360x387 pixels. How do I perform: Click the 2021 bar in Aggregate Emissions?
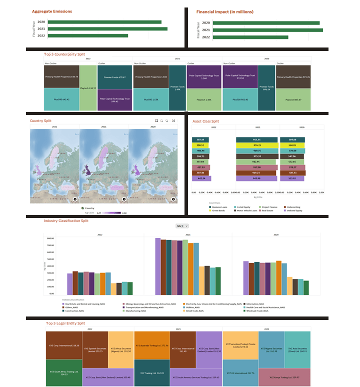(107, 29)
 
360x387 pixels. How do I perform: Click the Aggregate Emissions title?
(52, 11)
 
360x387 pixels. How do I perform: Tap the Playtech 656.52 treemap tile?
(88, 88)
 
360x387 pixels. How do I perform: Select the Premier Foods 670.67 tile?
(114, 77)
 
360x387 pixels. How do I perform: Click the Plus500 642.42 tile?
(61, 99)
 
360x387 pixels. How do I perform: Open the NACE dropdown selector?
(181, 226)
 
